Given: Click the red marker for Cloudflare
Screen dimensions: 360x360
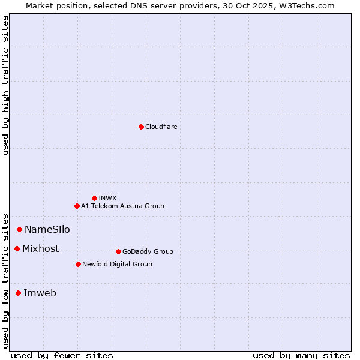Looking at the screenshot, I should pos(141,127).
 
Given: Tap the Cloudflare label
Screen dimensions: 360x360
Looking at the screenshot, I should pos(161,127).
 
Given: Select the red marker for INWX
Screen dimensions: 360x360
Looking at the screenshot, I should pos(94,198).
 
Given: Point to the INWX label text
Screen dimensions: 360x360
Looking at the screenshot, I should pos(107,198).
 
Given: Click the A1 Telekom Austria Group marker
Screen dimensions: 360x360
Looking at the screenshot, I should pos(77,206).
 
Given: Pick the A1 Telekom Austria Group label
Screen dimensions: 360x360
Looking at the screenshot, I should pos(122,206).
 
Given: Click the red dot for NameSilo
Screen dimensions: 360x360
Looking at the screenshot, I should pos(19,229).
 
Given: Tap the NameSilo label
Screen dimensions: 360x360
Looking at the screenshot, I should pos(47,229).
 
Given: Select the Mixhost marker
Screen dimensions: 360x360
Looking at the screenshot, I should pos(17,248).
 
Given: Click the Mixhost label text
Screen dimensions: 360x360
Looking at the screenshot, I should pos(40,248).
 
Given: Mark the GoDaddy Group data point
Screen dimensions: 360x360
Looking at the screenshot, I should pos(118,251).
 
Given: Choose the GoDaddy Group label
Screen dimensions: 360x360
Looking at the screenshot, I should pos(148,251).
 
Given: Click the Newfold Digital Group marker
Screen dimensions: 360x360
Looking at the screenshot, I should pos(78,264).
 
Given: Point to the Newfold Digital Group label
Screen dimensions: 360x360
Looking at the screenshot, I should pos(117,264).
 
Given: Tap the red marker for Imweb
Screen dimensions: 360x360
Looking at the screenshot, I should pos(18,293).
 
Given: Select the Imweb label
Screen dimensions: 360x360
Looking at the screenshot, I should pos(40,293).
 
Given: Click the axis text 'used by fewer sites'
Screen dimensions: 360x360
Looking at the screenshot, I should pos(62,355).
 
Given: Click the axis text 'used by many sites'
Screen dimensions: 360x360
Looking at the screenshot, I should pos(301,355).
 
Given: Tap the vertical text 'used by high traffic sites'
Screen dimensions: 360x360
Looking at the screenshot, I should pos(5,85).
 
